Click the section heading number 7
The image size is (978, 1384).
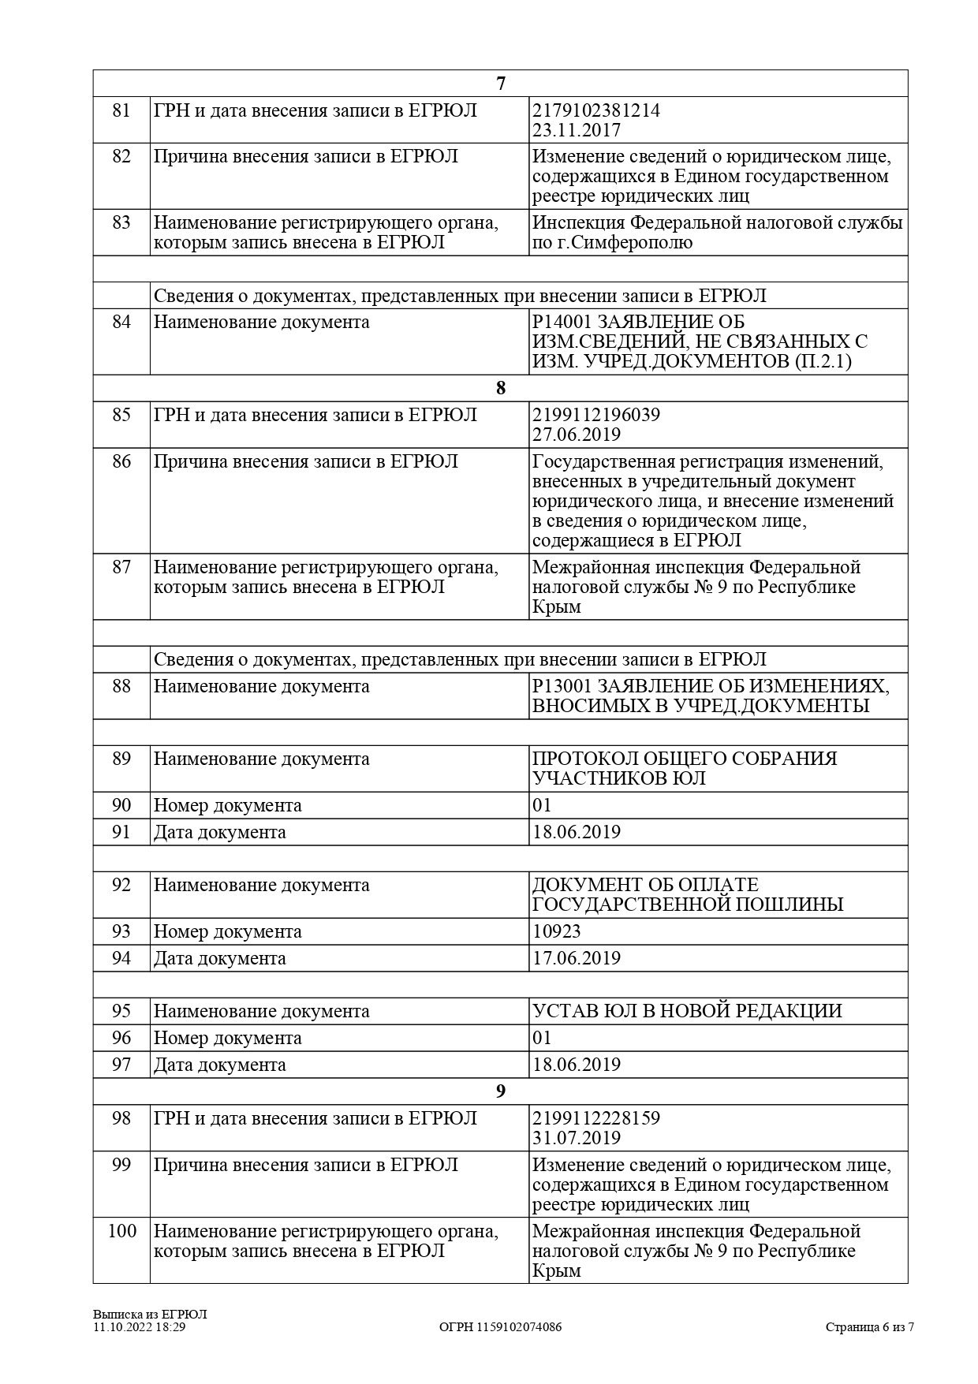[500, 84]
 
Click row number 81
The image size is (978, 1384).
[121, 110]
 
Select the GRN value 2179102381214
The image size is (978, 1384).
[596, 110]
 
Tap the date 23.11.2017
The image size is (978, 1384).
[577, 130]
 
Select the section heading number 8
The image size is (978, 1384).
[500, 388]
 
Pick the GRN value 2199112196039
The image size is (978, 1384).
[596, 415]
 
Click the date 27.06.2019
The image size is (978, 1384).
[577, 435]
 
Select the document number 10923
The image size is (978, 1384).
[557, 931]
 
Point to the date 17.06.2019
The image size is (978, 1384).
[577, 958]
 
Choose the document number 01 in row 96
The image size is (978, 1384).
[543, 1038]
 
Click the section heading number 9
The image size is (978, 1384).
[500, 1091]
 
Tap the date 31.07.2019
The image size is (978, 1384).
[577, 1138]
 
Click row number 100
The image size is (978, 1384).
[121, 1231]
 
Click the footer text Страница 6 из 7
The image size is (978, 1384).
[870, 1327]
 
